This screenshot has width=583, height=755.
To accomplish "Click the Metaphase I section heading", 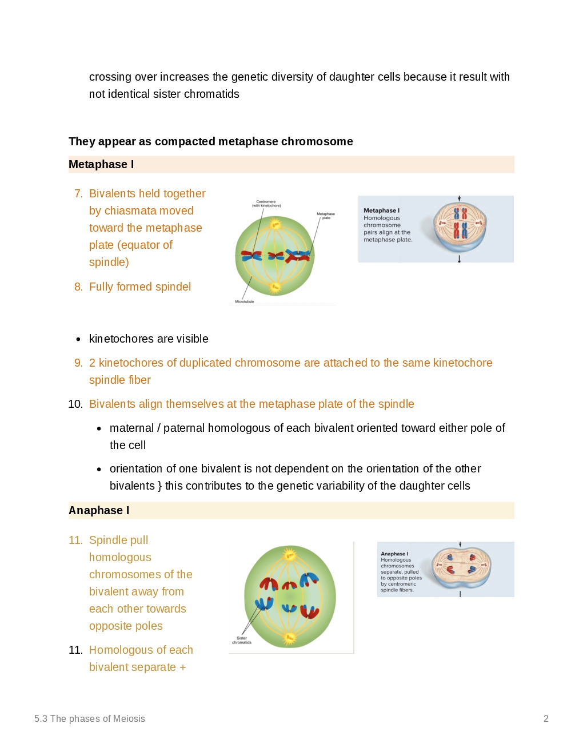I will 101,165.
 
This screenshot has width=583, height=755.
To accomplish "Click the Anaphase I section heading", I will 99,511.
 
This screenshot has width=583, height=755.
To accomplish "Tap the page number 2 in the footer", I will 546,719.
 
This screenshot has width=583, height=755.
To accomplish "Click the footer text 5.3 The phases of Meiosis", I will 90,719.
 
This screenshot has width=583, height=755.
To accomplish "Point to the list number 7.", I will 78,194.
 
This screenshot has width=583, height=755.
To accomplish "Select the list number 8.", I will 78,287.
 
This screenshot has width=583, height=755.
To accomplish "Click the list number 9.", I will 78,363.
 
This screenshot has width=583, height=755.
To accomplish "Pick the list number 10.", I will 75,404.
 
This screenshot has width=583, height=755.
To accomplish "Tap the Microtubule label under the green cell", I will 245,301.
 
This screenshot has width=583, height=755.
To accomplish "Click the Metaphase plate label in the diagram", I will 326,216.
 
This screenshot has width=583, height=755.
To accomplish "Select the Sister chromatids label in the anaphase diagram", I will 242,640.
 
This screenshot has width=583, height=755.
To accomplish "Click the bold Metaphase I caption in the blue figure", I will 381,210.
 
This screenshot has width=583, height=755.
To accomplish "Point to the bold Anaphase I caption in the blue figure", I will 394,554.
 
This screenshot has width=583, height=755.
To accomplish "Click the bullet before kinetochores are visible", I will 78,340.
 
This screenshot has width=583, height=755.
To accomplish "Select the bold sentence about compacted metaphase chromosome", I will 211,142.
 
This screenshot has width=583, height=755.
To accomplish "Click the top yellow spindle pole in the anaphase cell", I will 290,555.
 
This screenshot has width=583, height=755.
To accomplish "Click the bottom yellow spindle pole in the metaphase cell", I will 275,287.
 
